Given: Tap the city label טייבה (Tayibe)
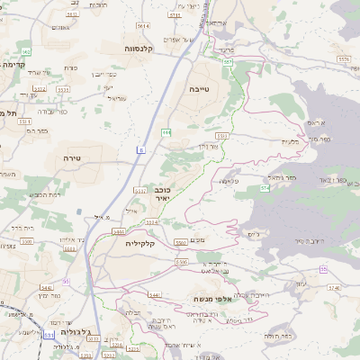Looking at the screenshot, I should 201,91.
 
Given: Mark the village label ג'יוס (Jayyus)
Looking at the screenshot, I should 253,235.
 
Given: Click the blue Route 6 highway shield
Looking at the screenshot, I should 141,148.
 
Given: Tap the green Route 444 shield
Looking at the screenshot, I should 166,132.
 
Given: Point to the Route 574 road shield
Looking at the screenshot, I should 265,189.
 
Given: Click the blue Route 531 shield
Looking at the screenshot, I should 47,335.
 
